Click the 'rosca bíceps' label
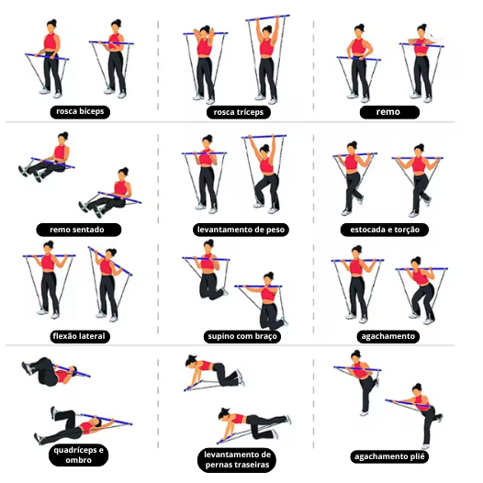tap(80, 112)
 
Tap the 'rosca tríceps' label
tap(239, 112)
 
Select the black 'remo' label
tap(389, 112)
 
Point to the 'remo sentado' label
tap(79, 230)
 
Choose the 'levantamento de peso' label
tap(241, 230)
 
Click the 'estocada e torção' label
tap(385, 230)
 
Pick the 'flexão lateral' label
tap(80, 336)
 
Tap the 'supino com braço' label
tap(242, 336)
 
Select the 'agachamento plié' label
tap(389, 456)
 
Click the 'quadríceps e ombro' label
tap(79, 455)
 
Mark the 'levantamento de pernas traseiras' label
tap(237, 460)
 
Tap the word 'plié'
tap(417, 456)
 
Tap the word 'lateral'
tap(91, 336)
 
